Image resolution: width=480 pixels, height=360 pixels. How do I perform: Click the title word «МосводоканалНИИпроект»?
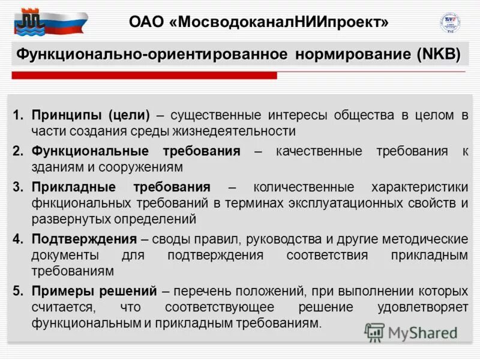(x=278, y=22)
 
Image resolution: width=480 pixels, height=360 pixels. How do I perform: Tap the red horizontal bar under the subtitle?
(x=144, y=76)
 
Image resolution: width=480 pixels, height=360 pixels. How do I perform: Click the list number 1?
(x=18, y=115)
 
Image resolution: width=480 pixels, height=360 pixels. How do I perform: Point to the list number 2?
(x=18, y=151)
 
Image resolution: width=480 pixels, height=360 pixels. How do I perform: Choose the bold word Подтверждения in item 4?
(x=84, y=239)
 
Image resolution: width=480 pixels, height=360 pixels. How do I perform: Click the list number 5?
(x=18, y=291)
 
